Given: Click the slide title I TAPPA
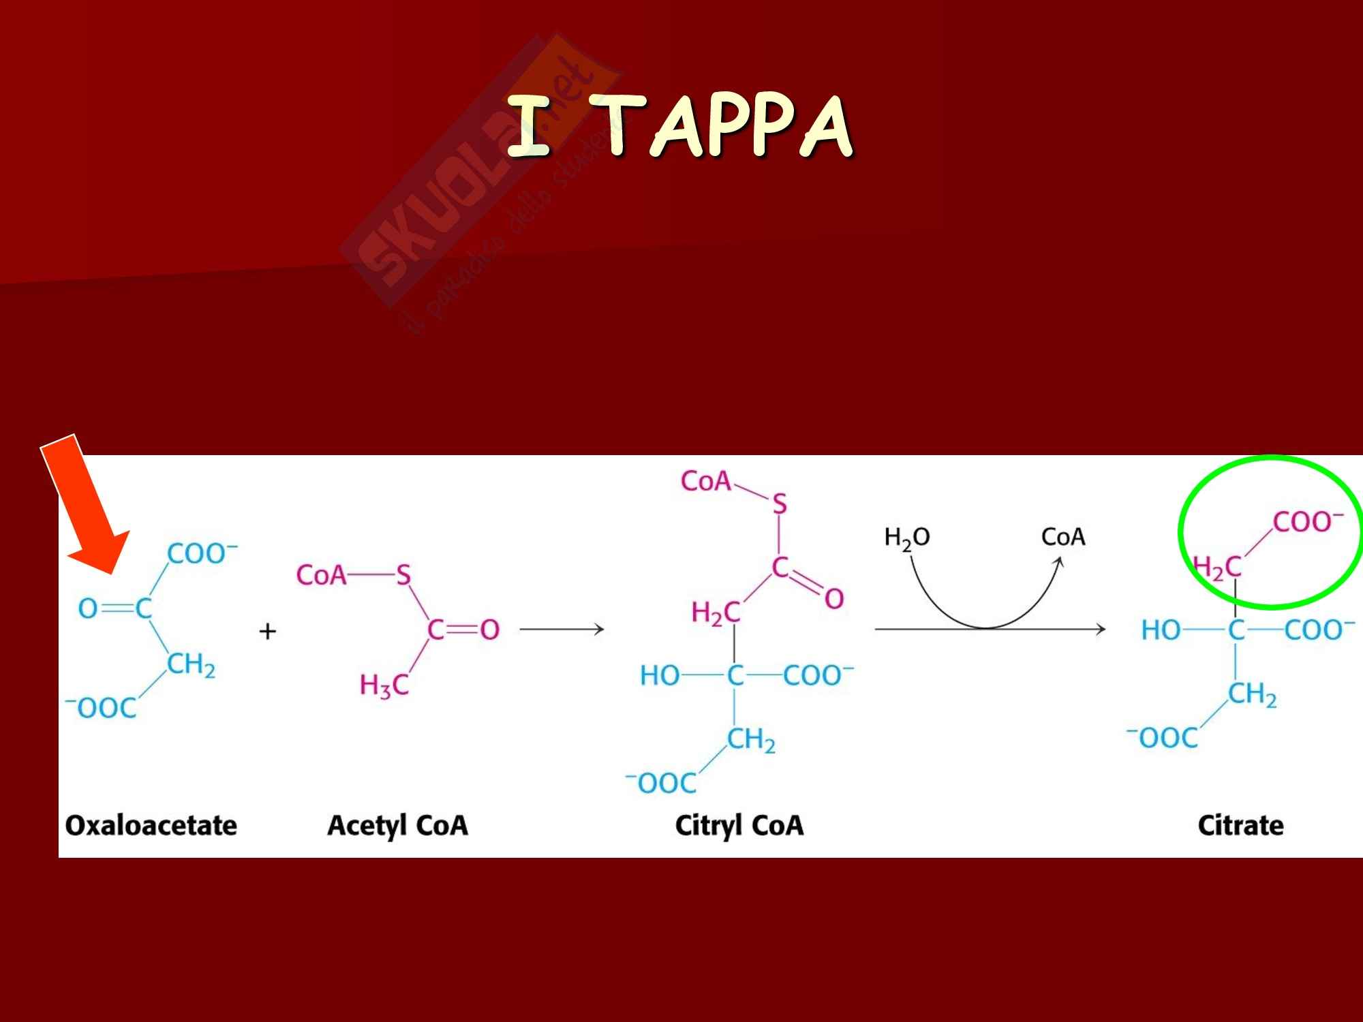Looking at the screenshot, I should coord(679,127).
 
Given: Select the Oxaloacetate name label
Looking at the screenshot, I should coord(151,826).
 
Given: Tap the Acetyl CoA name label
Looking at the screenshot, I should coord(397,826).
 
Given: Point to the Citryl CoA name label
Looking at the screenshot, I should coord(739,826).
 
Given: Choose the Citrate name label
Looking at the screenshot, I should coord(1240,826).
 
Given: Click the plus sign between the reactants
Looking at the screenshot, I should coord(268,632).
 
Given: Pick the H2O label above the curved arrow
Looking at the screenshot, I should coord(906,538).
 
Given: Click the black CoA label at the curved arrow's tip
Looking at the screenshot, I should coord(1062,537).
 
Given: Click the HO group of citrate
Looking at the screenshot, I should coord(1161,630).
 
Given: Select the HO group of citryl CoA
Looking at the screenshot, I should coord(659,676).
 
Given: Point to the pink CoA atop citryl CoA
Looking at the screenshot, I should coord(705,482).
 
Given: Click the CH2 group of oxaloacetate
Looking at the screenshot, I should coord(191,665).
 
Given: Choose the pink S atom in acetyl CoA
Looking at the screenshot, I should coord(403,576).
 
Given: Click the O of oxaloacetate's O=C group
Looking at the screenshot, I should coord(88,608).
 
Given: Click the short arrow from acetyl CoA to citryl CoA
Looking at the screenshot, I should coord(562,630).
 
